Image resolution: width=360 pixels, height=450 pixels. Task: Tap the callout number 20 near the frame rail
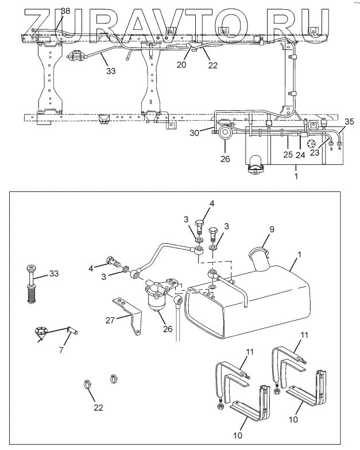click(x=181, y=65)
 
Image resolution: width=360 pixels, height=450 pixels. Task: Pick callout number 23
click(x=315, y=153)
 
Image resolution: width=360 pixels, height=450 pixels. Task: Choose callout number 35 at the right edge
click(x=350, y=121)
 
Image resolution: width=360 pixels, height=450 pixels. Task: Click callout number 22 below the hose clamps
click(x=99, y=407)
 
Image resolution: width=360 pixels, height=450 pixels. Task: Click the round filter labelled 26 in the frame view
click(x=224, y=134)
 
